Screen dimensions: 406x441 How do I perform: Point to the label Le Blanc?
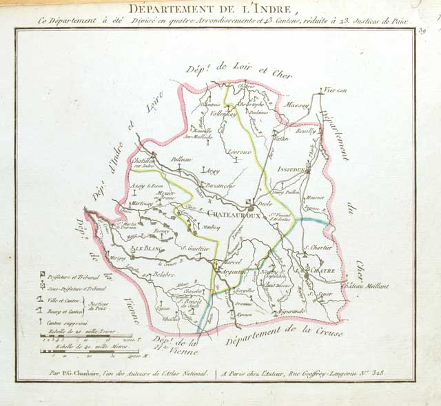(x=146, y=248)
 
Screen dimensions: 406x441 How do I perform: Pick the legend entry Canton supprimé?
(x=67, y=320)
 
